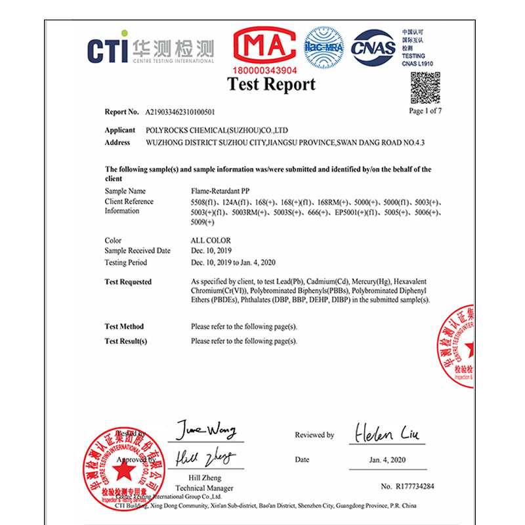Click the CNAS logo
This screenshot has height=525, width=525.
[x=373, y=48]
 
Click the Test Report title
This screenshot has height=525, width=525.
[x=271, y=85]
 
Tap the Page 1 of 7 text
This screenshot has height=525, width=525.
[x=425, y=111]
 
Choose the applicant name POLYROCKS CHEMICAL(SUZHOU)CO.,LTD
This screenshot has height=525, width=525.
[x=217, y=131]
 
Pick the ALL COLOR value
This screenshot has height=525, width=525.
[x=211, y=241]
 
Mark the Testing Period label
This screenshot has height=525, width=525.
[x=125, y=262]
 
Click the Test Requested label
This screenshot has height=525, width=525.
[x=128, y=282]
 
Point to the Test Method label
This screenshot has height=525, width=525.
[x=124, y=327]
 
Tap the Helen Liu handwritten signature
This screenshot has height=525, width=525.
[x=388, y=433]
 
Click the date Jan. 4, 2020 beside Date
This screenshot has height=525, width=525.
[x=387, y=460]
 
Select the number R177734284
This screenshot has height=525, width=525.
[x=408, y=487]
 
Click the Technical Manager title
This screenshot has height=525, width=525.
[x=204, y=488]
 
